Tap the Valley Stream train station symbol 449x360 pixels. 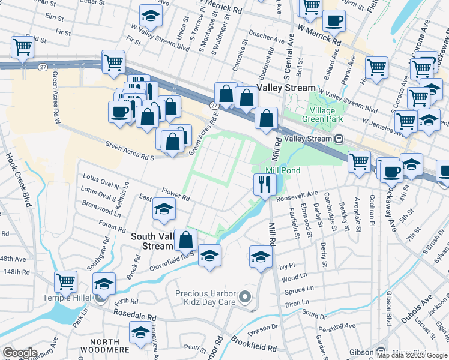pos(339,139)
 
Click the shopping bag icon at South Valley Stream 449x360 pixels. pos(187,239)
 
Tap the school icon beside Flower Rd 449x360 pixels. pos(163,209)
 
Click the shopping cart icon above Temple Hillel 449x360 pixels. pos(65,280)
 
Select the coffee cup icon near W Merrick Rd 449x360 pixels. pos(334,21)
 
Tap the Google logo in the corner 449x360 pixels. pos(20,353)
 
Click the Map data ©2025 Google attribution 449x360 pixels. pos(411,355)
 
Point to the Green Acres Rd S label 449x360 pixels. pos(130,151)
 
